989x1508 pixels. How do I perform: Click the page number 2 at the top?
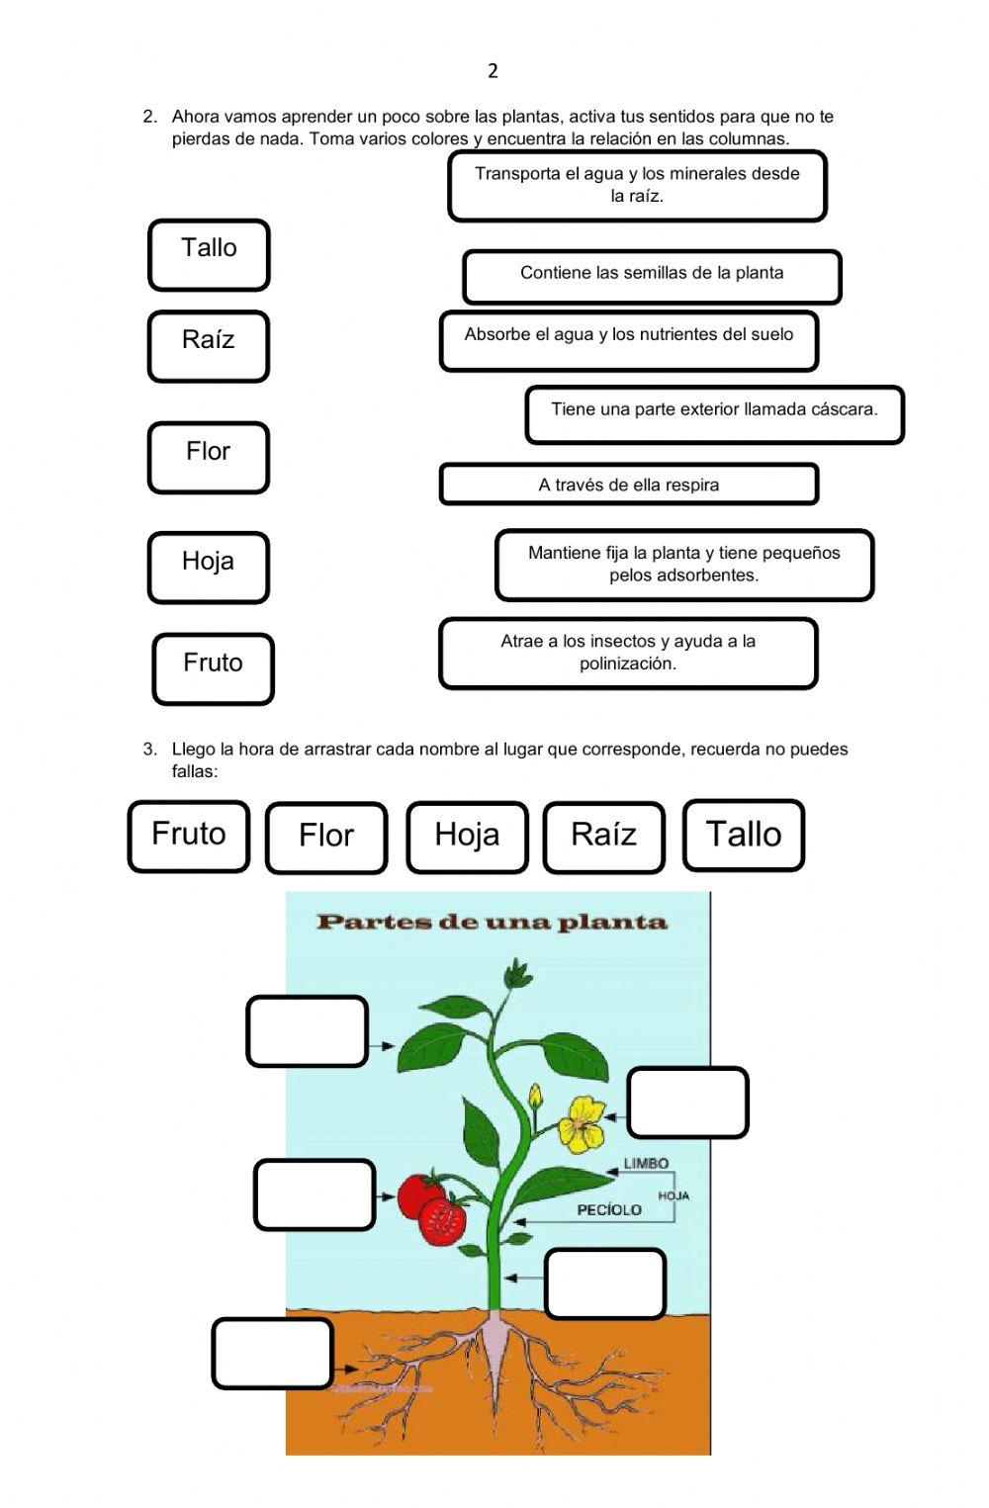click(x=493, y=70)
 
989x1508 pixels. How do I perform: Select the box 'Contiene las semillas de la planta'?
click(x=652, y=276)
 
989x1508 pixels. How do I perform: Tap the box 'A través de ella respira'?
click(x=629, y=485)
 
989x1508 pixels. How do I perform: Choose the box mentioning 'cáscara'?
click(x=714, y=414)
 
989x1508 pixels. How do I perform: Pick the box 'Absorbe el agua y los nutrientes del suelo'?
click(x=629, y=340)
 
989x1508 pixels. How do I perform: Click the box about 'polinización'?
click(x=628, y=653)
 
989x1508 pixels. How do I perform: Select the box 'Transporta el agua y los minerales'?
click(x=637, y=185)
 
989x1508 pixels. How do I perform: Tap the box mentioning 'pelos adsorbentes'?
click(x=684, y=565)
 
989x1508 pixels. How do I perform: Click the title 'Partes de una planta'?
click(x=492, y=922)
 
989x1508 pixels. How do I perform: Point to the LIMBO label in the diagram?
click(x=646, y=1164)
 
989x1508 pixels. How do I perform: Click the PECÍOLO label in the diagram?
click(x=609, y=1209)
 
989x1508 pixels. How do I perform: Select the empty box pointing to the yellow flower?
click(x=687, y=1103)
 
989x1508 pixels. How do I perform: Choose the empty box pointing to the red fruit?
click(x=315, y=1195)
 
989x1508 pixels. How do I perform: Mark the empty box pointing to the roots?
click(x=272, y=1353)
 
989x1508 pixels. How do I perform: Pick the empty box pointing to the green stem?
click(x=604, y=1284)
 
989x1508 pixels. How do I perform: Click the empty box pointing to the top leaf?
click(x=307, y=1031)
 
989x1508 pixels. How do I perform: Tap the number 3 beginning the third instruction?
click(x=150, y=750)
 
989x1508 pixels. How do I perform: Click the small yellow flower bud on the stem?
click(x=535, y=1097)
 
